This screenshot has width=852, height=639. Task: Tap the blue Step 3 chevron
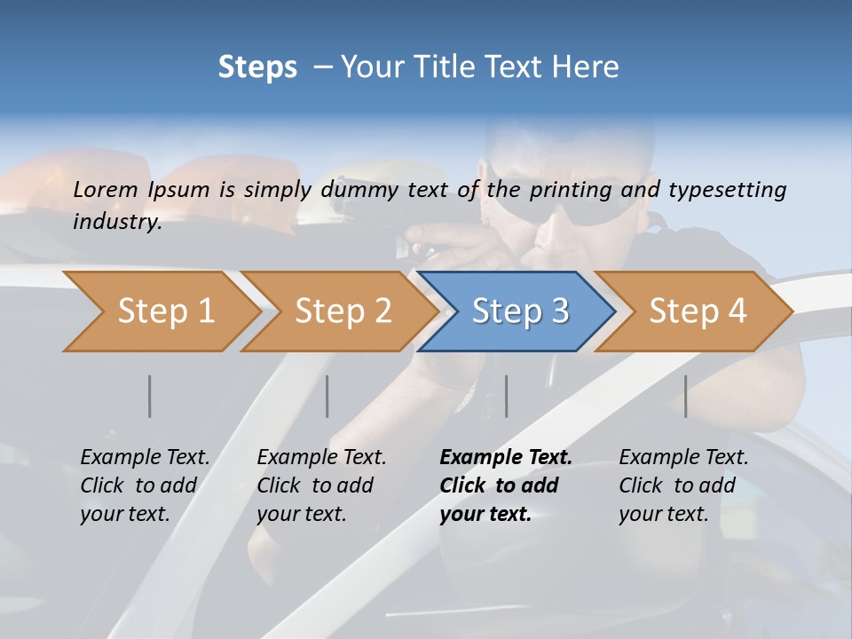tap(517, 312)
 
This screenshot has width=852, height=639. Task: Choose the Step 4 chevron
tap(694, 312)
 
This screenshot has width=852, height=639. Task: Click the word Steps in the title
tap(257, 67)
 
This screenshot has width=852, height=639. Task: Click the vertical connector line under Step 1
tap(150, 396)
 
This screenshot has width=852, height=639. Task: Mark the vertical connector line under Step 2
tap(327, 396)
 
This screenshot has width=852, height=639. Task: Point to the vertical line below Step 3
tap(506, 396)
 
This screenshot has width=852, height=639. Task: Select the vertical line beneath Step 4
tap(686, 396)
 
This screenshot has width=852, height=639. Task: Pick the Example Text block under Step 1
tap(145, 485)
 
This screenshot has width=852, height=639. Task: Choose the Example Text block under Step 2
tap(321, 485)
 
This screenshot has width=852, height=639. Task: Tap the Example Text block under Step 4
tap(683, 485)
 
